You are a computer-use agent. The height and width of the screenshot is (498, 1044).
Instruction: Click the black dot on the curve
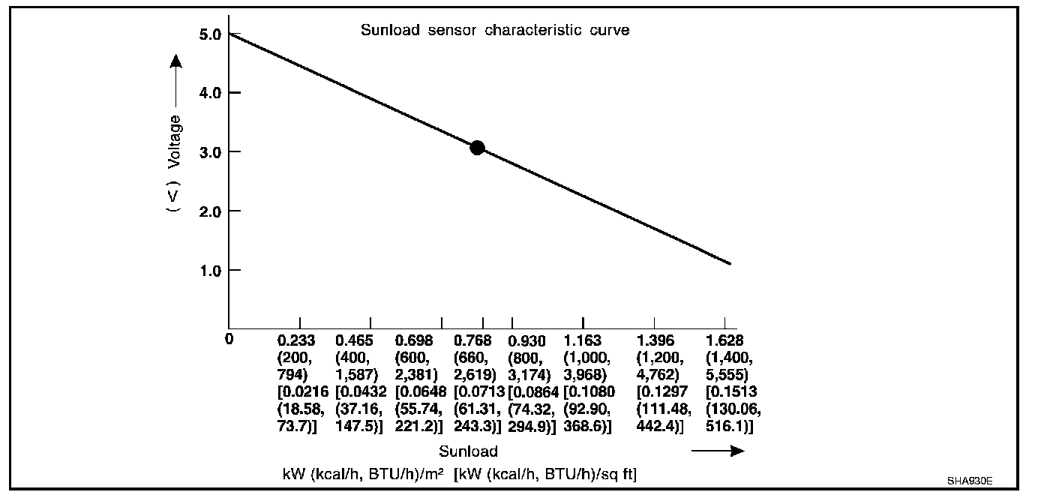click(477, 148)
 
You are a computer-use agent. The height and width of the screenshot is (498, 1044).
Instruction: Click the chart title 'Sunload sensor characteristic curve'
click(494, 31)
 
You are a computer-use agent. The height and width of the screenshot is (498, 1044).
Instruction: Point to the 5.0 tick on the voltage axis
click(210, 34)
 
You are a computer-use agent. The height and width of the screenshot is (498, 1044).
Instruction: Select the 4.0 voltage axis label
click(210, 93)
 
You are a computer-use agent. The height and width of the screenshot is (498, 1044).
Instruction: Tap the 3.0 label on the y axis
click(210, 152)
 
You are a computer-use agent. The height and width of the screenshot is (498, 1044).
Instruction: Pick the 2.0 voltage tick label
click(210, 211)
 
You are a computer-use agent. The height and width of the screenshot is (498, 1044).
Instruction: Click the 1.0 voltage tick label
click(210, 270)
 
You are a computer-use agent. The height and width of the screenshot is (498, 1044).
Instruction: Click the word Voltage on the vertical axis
click(174, 141)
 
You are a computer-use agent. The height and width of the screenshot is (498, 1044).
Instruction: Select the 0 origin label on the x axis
click(229, 339)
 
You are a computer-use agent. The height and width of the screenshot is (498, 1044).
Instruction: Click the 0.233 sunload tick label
click(296, 340)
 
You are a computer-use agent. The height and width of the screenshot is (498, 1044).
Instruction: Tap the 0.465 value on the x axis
click(354, 340)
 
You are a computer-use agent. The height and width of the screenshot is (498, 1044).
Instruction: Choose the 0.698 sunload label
click(413, 340)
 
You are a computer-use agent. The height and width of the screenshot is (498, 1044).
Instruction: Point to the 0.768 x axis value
click(472, 340)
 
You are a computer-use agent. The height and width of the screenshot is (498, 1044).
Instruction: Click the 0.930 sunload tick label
click(527, 340)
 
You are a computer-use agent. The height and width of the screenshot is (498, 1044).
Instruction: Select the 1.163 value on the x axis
click(582, 340)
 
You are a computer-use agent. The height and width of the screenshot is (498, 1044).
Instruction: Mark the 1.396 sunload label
click(655, 340)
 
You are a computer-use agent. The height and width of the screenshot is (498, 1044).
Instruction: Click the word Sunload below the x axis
click(468, 451)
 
